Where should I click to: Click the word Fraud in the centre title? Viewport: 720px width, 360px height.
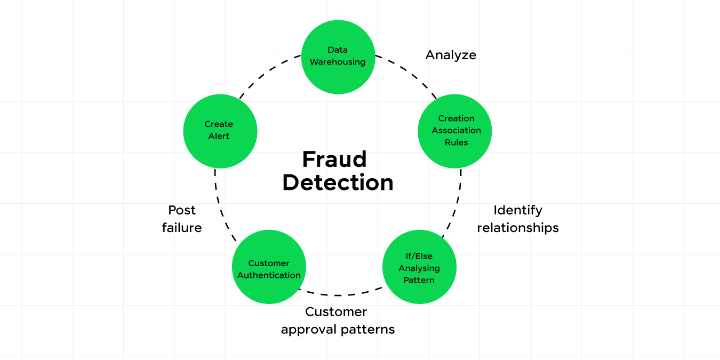pyautogui.click(x=334, y=159)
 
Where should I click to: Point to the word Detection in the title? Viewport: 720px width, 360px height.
pyautogui.click(x=338, y=183)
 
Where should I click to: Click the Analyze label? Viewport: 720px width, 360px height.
pyautogui.click(x=451, y=55)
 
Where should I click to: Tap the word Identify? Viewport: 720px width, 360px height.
pyautogui.click(x=517, y=210)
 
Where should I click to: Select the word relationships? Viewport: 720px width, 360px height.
pyautogui.click(x=517, y=228)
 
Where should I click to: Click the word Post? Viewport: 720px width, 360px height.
pyautogui.click(x=182, y=210)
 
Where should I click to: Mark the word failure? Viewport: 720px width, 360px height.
pyautogui.click(x=182, y=228)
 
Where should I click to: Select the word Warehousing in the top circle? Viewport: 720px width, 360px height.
pyautogui.click(x=338, y=62)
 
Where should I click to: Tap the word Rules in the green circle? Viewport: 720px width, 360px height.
pyautogui.click(x=456, y=142)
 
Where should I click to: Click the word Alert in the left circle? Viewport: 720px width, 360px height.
pyautogui.click(x=219, y=136)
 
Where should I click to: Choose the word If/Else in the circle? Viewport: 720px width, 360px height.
pyautogui.click(x=419, y=256)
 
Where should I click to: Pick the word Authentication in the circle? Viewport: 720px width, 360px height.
pyautogui.click(x=269, y=275)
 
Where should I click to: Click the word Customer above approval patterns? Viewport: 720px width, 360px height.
pyautogui.click(x=336, y=312)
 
